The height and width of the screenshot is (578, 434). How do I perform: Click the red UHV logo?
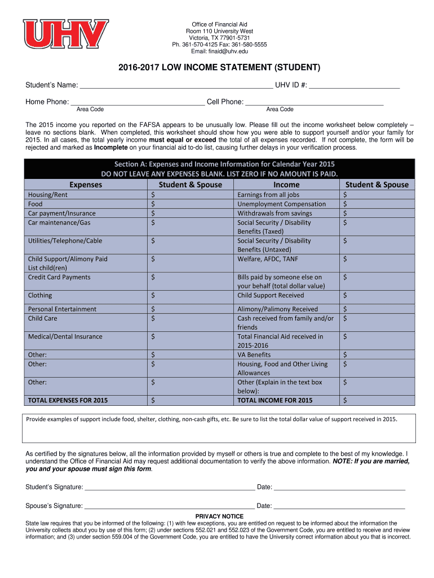[65, 34]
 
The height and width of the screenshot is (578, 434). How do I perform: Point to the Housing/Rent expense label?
[48, 195]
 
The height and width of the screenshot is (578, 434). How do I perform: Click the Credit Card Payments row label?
[59, 277]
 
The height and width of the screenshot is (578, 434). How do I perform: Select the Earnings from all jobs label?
[268, 195]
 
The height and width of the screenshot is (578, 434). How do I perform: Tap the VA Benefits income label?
[254, 354]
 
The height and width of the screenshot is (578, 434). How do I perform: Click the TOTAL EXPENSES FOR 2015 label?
[68, 400]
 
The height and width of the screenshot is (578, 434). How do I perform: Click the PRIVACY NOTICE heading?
[219, 516]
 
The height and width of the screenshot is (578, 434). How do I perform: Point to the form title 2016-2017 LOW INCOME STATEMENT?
[219, 68]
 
